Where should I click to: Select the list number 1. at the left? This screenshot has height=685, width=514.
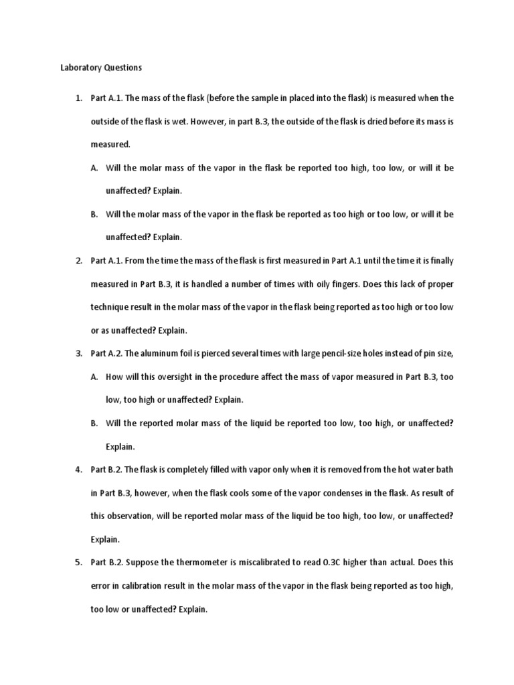coord(78,98)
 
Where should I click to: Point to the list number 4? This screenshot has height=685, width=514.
coord(78,470)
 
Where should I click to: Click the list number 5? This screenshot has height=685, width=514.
coord(78,562)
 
